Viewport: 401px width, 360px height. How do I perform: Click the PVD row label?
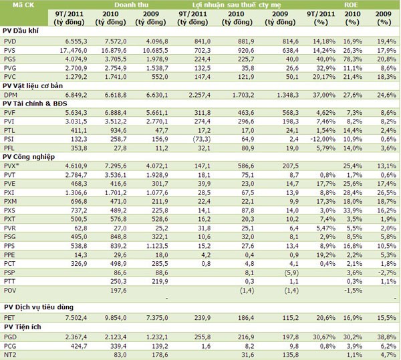10,40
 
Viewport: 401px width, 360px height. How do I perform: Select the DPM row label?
11,96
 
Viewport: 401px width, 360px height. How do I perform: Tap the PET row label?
10,317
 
